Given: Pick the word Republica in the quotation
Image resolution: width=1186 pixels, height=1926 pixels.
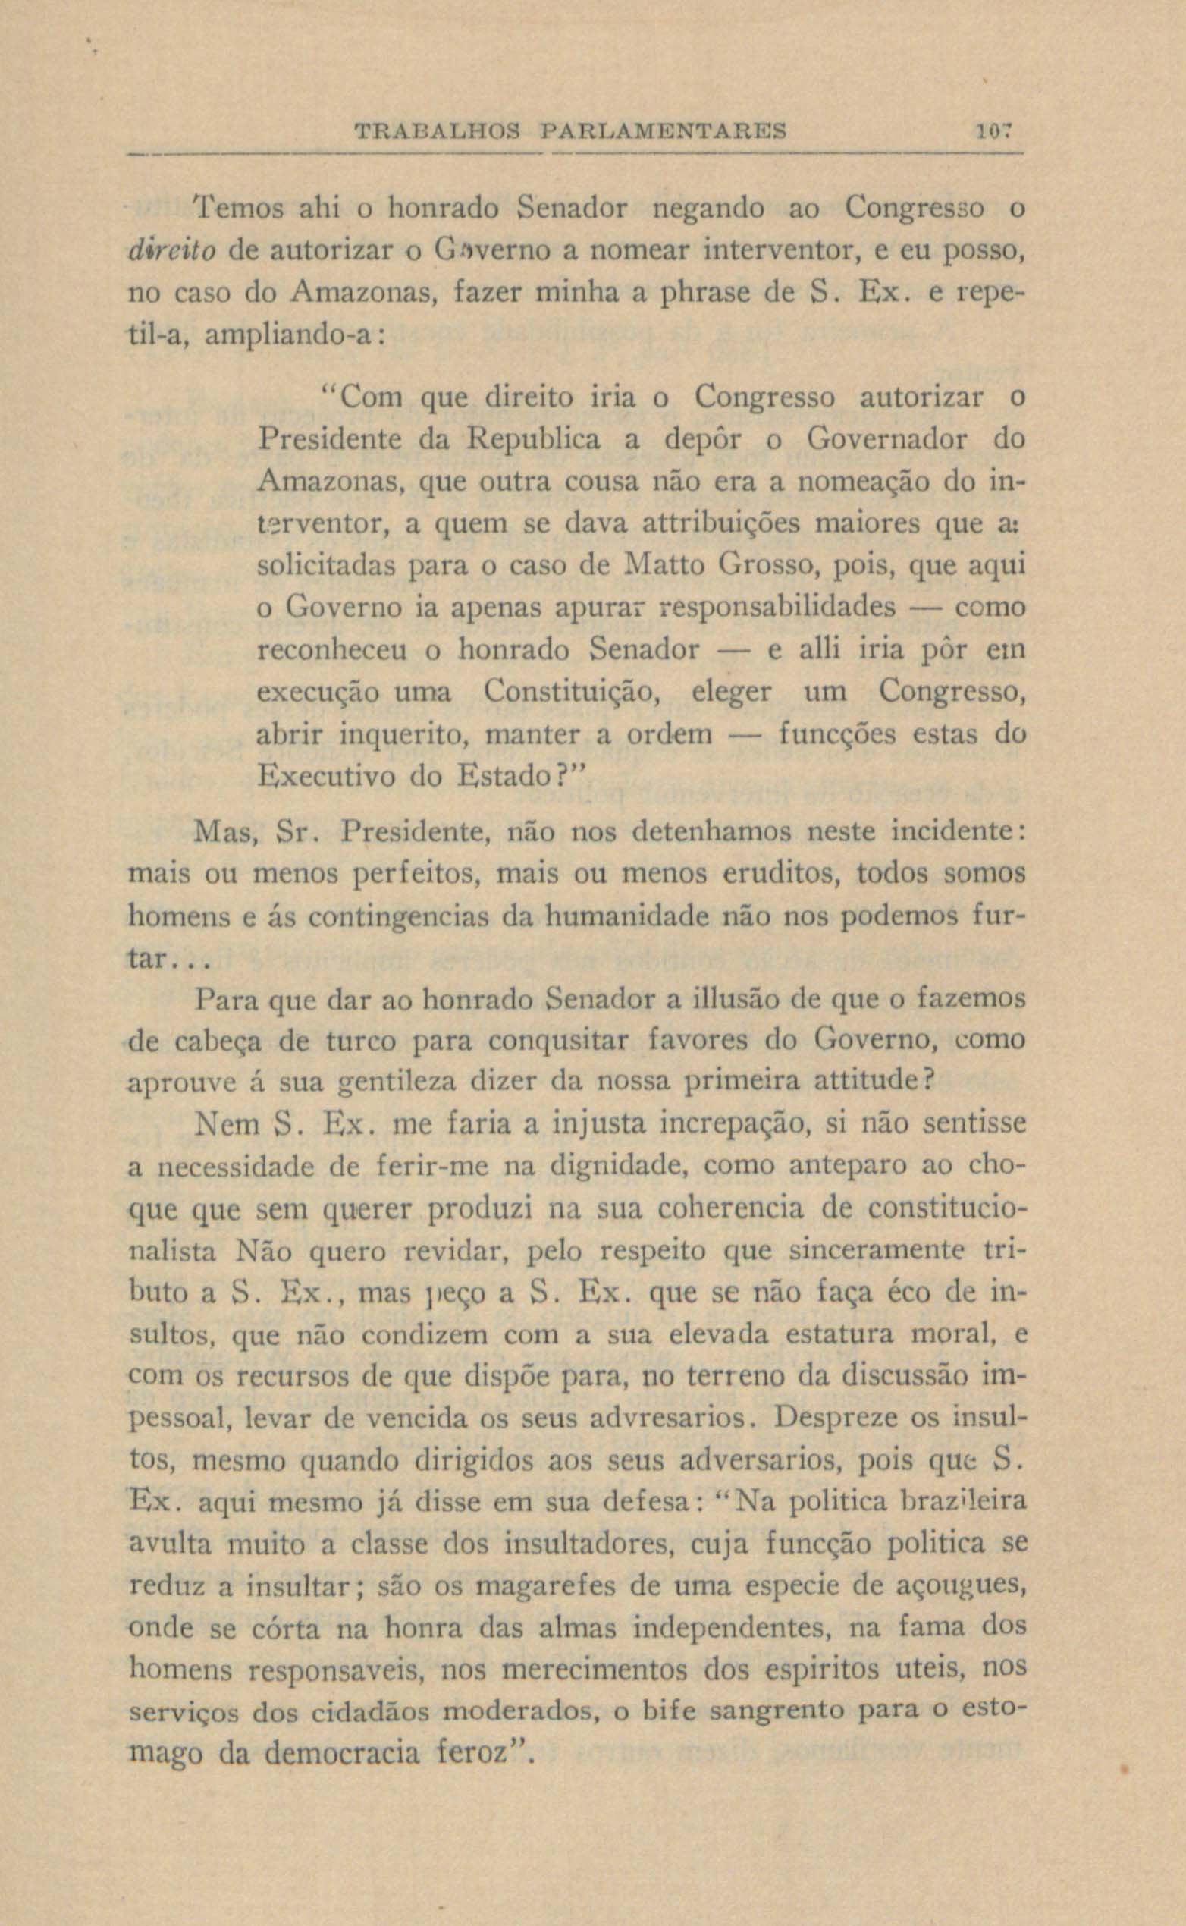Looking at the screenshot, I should point(533,438).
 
